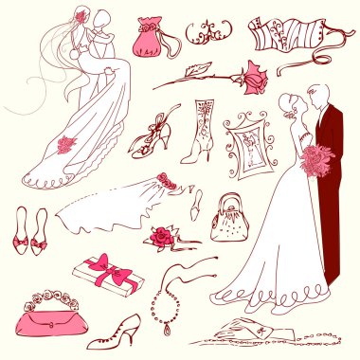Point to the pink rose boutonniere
pos(162,234)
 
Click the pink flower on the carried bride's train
pos(67,144)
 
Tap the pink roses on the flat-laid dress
pos(169,179)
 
